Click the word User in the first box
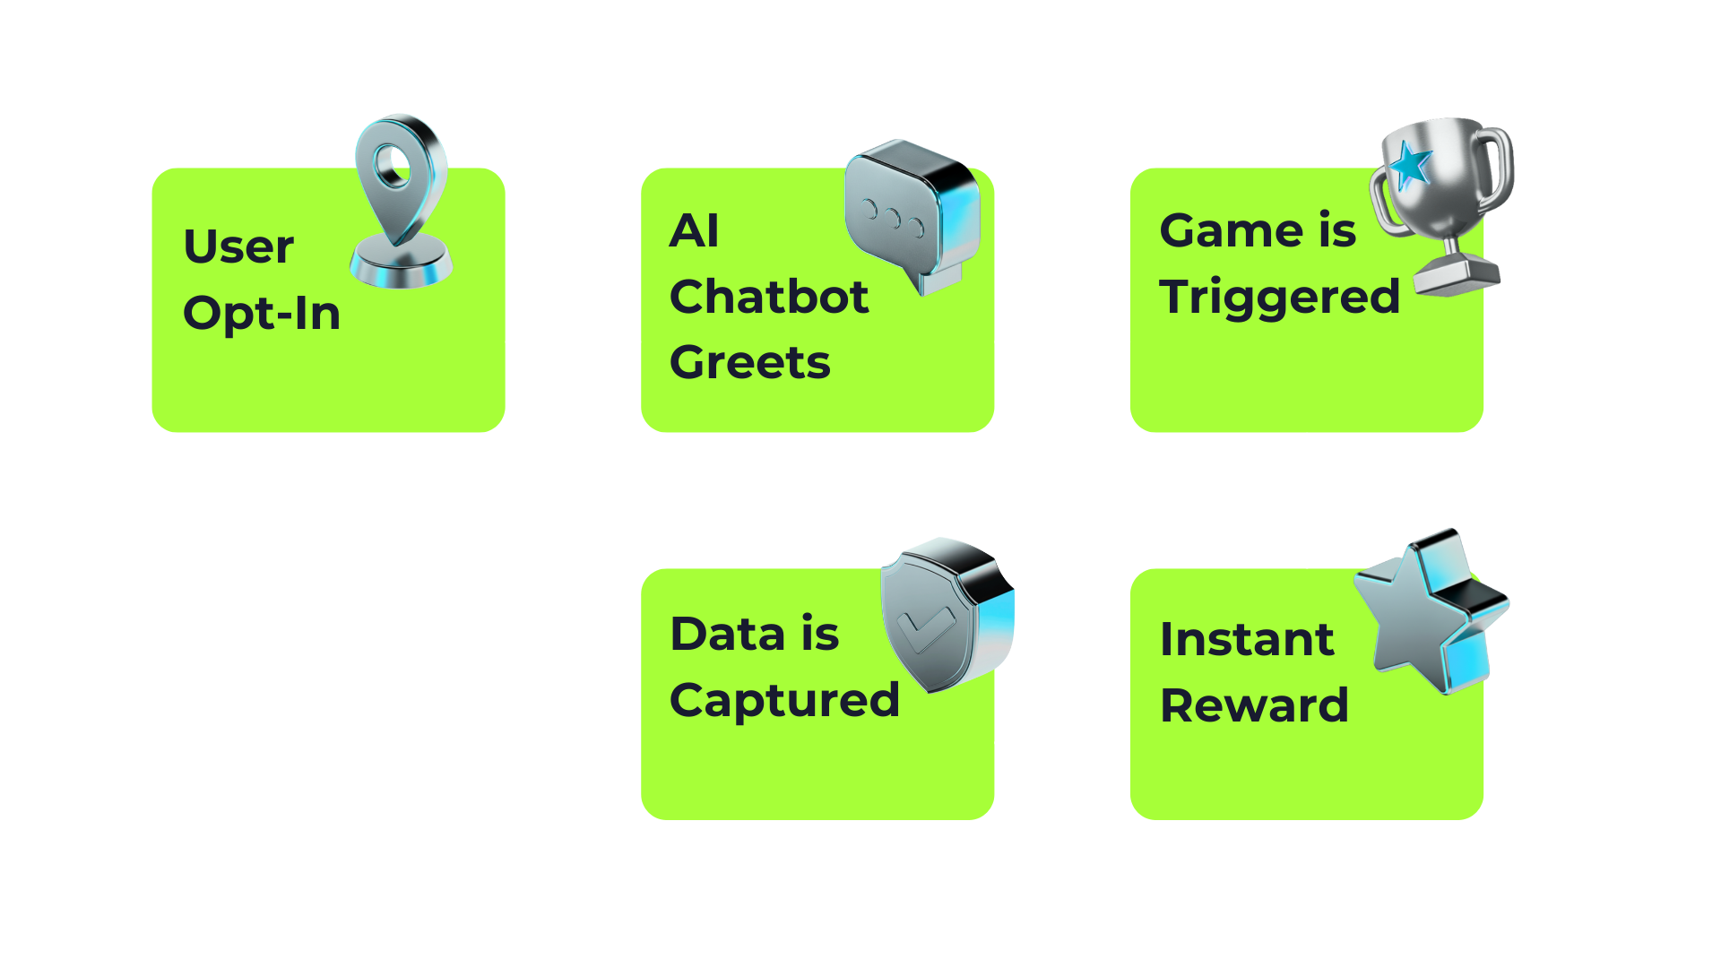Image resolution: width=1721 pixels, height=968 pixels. [x=238, y=246]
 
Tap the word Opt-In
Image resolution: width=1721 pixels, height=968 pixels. [x=261, y=314]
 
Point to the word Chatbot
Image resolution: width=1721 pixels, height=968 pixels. [x=768, y=297]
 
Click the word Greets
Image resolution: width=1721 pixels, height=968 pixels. [x=749, y=363]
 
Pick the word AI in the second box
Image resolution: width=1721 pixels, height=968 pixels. [x=694, y=231]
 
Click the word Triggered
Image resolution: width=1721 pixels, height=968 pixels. [x=1278, y=298]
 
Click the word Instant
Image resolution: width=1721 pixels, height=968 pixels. [x=1246, y=640]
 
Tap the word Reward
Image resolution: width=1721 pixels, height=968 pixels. [x=1253, y=706]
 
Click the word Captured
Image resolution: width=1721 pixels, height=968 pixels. [x=783, y=701]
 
